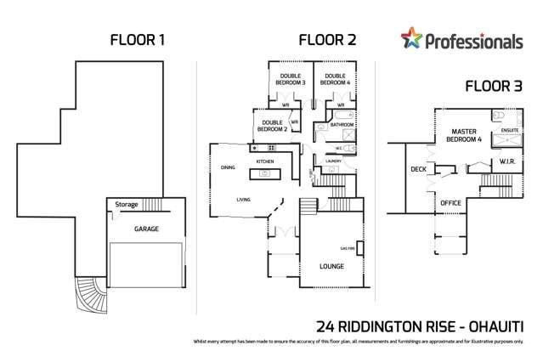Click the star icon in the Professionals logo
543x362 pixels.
click(411, 38)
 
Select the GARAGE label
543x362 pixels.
click(145, 229)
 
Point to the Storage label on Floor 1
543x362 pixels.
click(127, 205)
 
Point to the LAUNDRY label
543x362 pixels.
click(333, 160)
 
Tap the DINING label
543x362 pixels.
click(229, 167)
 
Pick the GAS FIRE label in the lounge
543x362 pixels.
click(348, 248)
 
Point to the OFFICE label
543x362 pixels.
click(450, 203)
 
